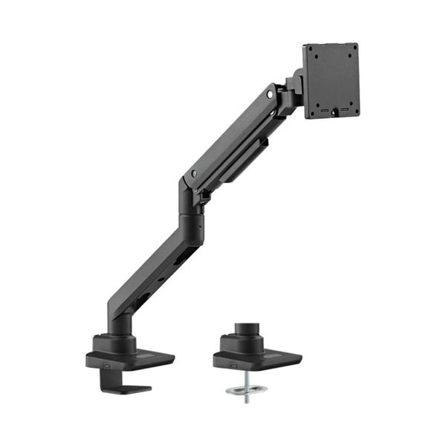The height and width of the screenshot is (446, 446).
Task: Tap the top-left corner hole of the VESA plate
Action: coord(312,55)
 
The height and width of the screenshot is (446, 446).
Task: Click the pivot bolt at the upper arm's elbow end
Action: coord(194,173)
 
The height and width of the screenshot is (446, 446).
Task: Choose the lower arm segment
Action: coord(149,271)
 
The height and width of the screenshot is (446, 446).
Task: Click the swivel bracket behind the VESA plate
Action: coord(292,88)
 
